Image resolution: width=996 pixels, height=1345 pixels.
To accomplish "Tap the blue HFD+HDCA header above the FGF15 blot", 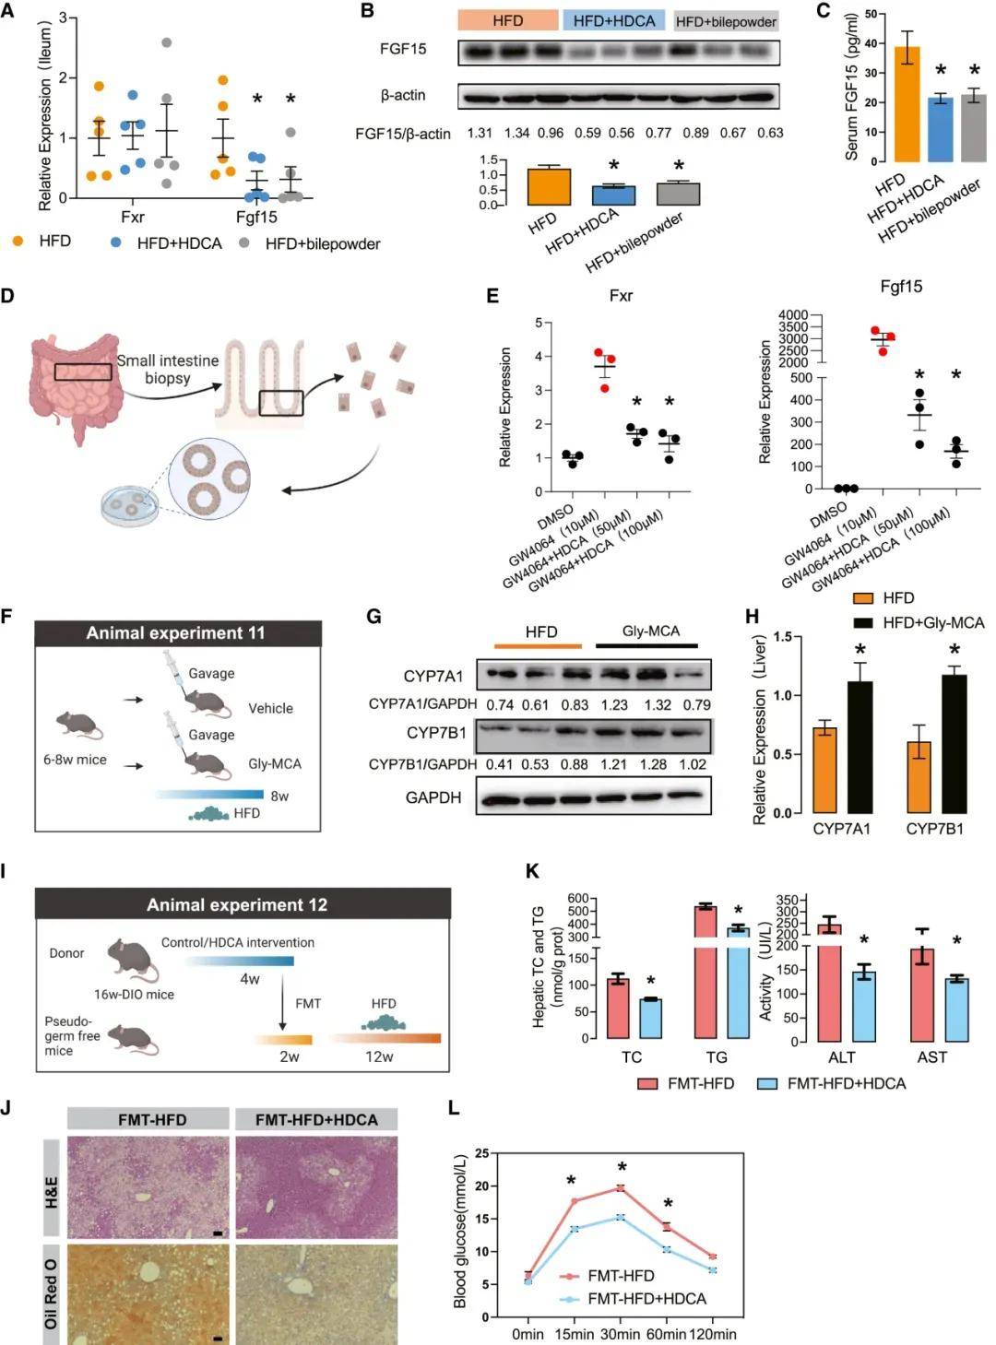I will coord(613,20).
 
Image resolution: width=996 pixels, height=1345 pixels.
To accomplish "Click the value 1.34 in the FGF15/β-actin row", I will coord(516,133).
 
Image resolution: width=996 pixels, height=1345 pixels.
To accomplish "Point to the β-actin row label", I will coord(403,95).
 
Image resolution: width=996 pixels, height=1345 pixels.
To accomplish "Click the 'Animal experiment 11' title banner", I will coord(175,633).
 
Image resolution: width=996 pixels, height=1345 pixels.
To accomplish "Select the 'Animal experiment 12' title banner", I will coord(237,904).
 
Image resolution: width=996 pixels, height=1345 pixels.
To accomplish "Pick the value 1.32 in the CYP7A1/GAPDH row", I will coord(657,704).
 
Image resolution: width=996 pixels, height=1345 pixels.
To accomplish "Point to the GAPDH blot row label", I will coord(433,797).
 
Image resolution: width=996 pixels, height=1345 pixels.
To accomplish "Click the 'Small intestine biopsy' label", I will coord(168,369).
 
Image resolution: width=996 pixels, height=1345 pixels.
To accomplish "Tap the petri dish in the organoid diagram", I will coord(129,506).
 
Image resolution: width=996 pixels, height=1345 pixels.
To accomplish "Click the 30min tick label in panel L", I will coord(619,1334).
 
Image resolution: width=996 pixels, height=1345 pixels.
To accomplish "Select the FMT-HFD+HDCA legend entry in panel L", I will coord(646,1299).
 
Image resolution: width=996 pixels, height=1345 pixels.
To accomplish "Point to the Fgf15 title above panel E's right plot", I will coord(900,287).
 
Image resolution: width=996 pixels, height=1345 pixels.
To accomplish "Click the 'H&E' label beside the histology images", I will coord(51,1188).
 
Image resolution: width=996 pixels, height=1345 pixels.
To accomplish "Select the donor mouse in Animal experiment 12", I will coord(133,961).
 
